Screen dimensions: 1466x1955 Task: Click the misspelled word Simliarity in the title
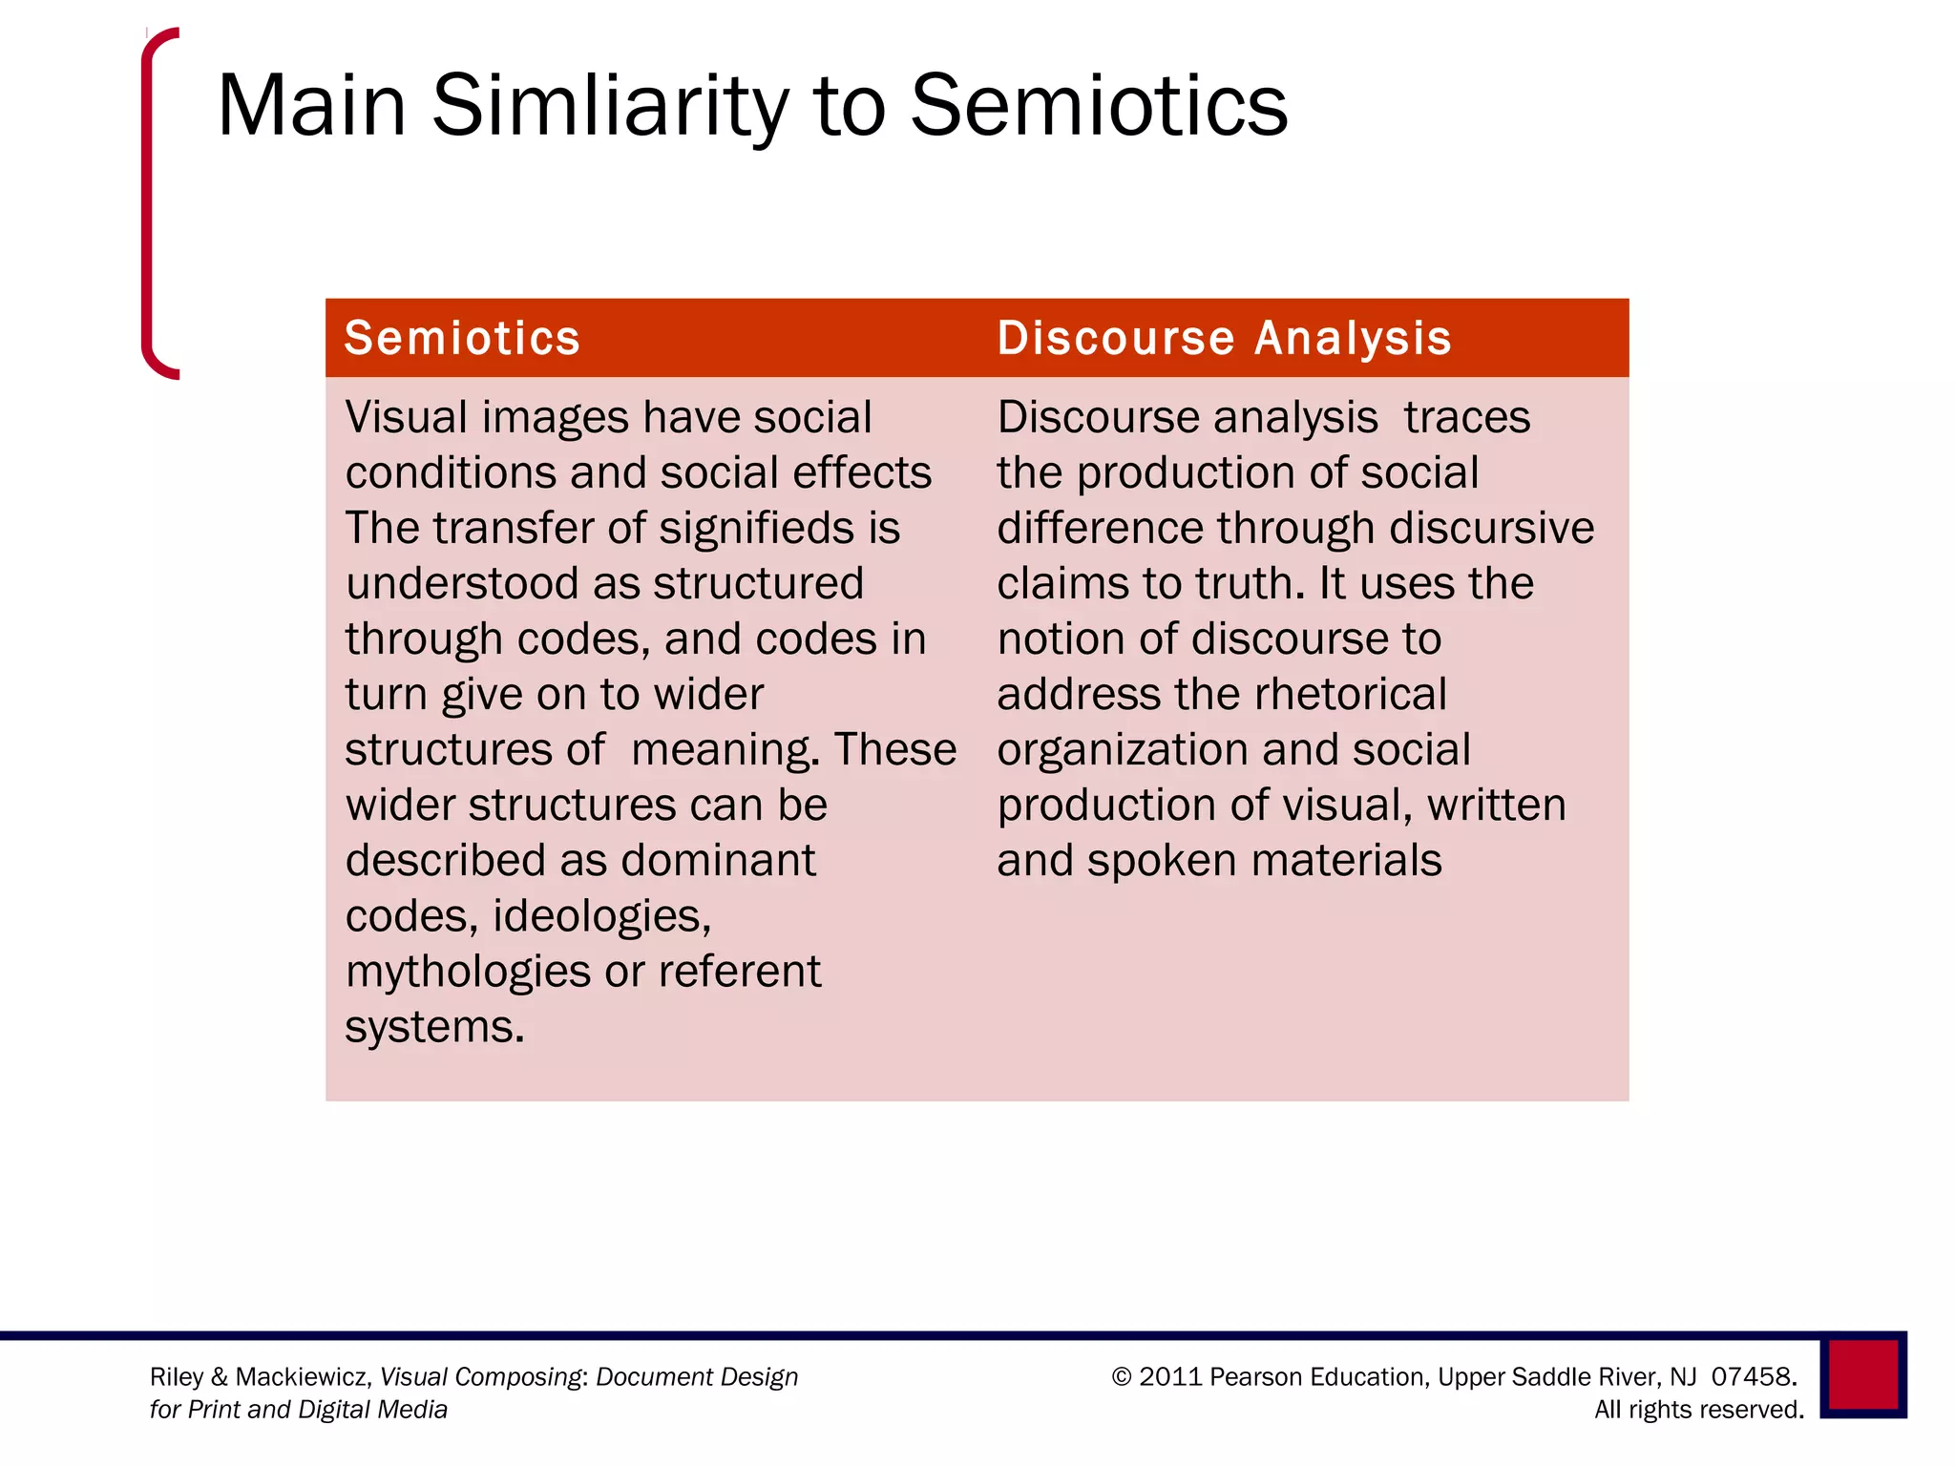610,107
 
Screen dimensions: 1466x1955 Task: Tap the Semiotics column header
462,338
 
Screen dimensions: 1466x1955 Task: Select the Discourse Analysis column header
1224,338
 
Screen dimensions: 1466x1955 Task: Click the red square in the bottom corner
1862,1374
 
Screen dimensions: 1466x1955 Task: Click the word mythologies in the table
468,972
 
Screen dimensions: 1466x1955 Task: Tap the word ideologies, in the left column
601,916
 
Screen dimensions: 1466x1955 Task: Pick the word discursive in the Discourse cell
1491,528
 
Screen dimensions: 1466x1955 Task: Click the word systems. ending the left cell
434,1027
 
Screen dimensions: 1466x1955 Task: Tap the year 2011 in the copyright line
1170,1376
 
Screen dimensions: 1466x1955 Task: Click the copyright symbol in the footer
1122,1376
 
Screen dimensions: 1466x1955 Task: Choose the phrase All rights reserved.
1698,1410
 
